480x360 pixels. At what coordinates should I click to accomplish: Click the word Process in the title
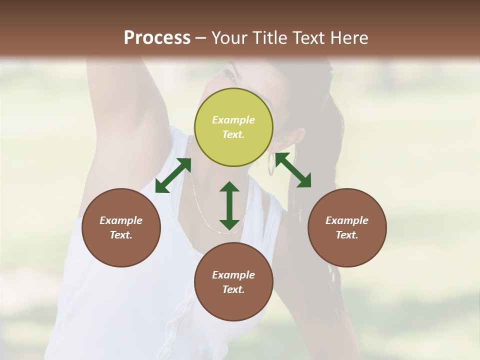(157, 38)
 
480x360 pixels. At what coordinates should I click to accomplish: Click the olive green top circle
(233, 127)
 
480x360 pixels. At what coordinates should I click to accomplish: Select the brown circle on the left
(121, 227)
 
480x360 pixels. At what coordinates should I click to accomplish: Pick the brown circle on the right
(347, 227)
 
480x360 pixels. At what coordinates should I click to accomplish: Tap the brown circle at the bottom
(233, 282)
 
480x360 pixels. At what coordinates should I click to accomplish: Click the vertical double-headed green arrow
(229, 205)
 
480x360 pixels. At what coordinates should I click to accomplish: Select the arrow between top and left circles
(173, 175)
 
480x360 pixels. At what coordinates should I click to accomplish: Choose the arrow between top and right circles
(293, 170)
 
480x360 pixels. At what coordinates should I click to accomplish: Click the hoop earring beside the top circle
(271, 164)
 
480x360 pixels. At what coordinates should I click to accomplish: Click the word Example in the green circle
(233, 120)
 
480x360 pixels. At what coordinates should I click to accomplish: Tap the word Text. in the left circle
(121, 235)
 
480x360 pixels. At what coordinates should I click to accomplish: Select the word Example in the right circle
(347, 220)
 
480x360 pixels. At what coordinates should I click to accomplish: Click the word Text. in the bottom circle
(233, 289)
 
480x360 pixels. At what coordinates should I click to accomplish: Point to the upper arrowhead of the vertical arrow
(229, 187)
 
